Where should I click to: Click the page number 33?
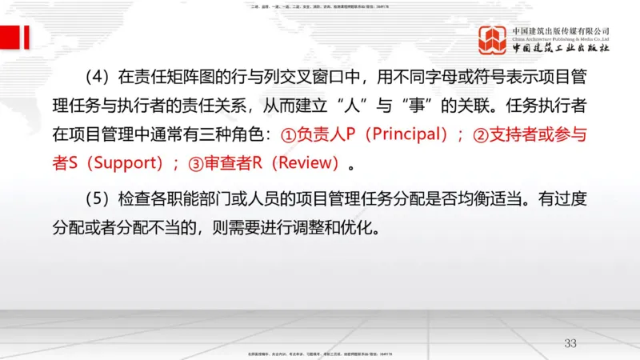point(570,343)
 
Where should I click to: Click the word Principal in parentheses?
point(400,135)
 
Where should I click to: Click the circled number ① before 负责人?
point(288,135)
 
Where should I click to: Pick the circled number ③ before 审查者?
point(197,164)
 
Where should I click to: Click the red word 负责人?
point(321,135)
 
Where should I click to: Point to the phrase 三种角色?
point(234,135)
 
